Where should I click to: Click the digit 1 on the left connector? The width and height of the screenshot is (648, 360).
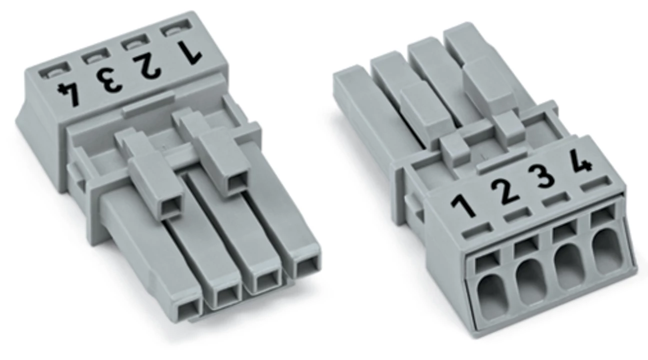coord(189,51)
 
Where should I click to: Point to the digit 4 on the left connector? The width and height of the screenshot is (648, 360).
coord(69,94)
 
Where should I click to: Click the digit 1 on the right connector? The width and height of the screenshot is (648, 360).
coord(463,206)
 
